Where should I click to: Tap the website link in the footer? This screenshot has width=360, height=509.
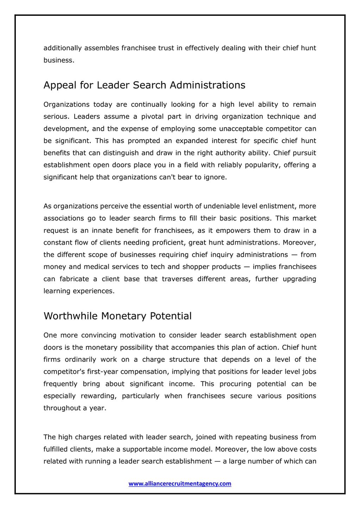pyautogui.click(x=180, y=484)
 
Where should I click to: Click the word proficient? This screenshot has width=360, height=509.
pyautogui.click(x=167, y=243)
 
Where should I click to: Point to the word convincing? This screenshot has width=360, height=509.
pyautogui.click(x=98, y=335)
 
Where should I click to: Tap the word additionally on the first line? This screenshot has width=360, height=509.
pyautogui.click(x=63, y=48)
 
